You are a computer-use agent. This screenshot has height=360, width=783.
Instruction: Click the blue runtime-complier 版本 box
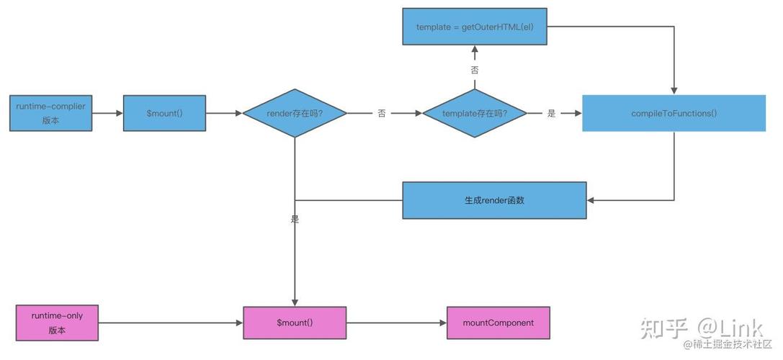coord(50,113)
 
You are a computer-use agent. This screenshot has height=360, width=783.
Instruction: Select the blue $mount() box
coord(165,113)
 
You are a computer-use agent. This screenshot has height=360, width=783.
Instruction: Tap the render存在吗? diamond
coord(295,114)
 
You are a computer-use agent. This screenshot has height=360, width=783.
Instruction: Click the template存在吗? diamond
coord(474,114)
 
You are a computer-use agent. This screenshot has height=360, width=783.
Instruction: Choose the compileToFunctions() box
coord(674,113)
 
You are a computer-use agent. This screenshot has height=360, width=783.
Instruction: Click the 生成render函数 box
coord(494,200)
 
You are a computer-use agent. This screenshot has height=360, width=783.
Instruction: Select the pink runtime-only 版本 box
coord(58,323)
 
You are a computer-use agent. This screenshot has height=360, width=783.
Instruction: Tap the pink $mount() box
coord(295,323)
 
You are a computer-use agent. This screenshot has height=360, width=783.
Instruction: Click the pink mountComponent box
coord(498,323)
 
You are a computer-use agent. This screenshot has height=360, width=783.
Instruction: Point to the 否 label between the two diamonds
coord(382,114)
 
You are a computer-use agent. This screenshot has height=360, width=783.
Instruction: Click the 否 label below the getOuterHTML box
coord(474,70)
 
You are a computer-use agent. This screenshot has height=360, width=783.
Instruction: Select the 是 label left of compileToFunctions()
coord(552,114)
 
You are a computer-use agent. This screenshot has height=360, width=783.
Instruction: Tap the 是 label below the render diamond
coord(295,219)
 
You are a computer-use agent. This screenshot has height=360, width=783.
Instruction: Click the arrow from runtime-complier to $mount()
coord(108,113)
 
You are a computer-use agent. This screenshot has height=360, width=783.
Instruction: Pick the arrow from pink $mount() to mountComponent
coord(396,323)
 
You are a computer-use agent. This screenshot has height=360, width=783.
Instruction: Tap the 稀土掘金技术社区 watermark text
coord(728,346)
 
